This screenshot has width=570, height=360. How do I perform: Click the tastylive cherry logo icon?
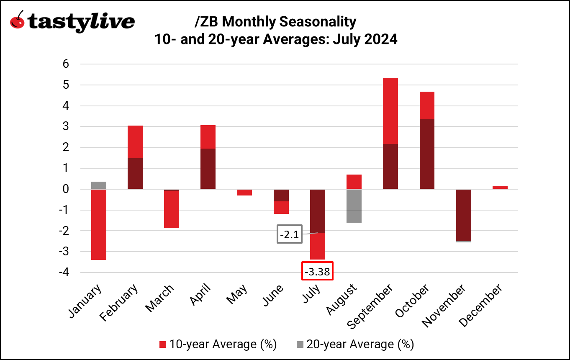tap(17, 20)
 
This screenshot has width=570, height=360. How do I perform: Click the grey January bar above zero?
tap(99, 185)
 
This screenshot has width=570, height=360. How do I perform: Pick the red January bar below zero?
tap(99, 225)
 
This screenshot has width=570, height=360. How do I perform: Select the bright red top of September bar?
tap(390, 111)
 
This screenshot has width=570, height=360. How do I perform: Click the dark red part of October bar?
tap(427, 154)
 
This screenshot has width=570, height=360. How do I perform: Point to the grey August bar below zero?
tap(354, 206)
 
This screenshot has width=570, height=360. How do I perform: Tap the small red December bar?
tap(500, 187)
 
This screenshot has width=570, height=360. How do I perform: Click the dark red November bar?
tap(464, 215)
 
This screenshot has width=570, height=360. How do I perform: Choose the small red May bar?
tap(244, 193)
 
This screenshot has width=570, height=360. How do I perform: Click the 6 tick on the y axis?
tap(66, 64)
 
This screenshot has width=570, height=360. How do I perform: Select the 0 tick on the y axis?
tap(66, 189)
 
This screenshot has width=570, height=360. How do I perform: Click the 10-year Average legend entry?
tap(218, 345)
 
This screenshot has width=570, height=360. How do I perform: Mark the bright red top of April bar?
tap(208, 137)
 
